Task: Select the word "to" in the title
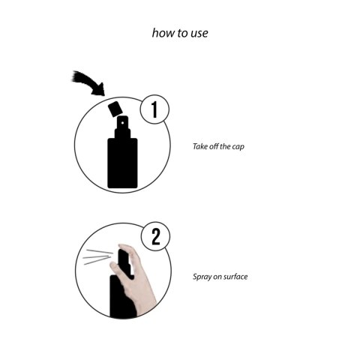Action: click(181, 33)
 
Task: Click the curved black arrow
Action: click(88, 82)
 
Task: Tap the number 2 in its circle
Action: click(156, 238)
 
